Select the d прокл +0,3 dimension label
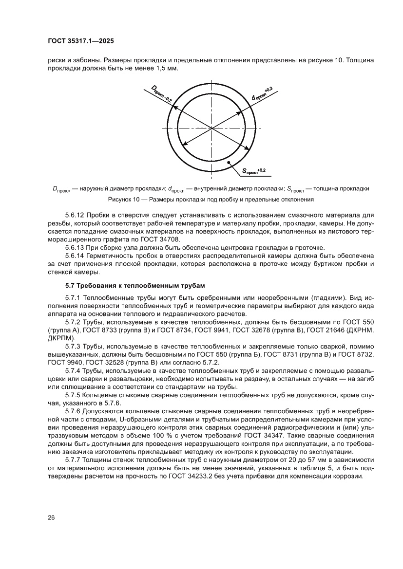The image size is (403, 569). click(262, 93)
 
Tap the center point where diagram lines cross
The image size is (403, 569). click(212, 128)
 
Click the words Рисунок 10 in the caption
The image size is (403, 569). click(125, 200)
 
